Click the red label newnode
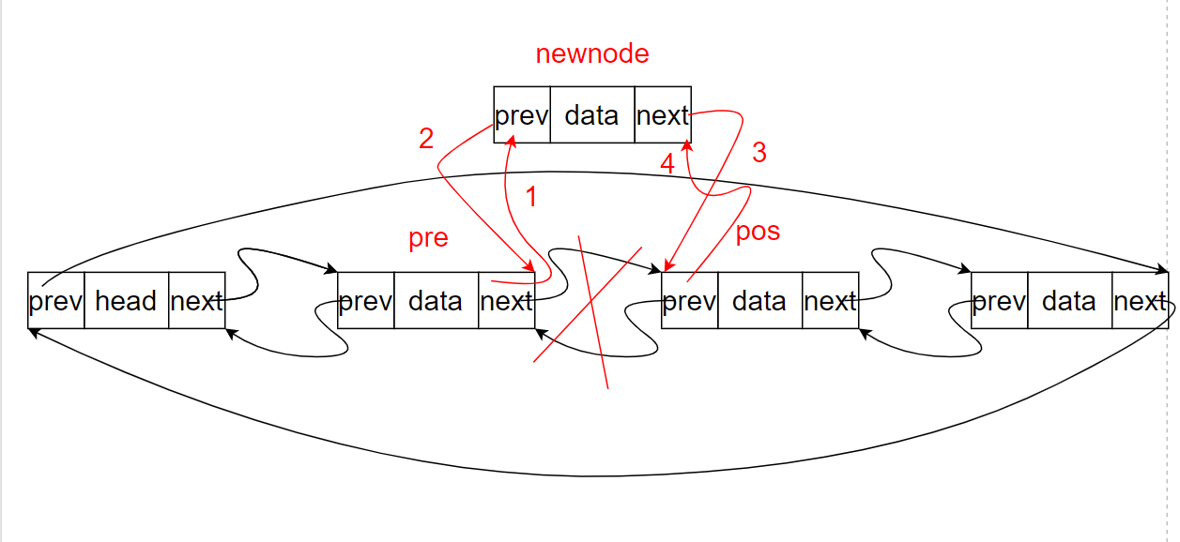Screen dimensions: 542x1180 tap(591, 54)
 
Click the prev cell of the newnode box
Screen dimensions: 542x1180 tap(522, 115)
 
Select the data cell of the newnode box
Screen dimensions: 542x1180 tap(591, 115)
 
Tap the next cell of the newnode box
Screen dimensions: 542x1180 tap(663, 115)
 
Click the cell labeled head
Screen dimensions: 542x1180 tap(126, 301)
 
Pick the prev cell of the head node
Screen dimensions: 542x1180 tap(56, 301)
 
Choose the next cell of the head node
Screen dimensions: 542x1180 tap(196, 301)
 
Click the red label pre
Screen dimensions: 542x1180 tap(428, 238)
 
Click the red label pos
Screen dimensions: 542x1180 tap(758, 232)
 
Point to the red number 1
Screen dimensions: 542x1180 tap(530, 197)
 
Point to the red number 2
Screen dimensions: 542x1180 tap(426, 139)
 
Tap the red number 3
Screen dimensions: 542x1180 tap(759, 153)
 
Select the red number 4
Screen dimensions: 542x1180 tap(667, 164)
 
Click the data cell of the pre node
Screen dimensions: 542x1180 tap(436, 301)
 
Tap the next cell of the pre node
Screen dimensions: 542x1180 tap(506, 301)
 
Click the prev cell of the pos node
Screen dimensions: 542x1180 tap(689, 301)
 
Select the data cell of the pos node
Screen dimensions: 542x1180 tap(759, 301)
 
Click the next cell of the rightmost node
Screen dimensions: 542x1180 tap(1140, 301)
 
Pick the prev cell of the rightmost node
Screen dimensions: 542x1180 tap(999, 301)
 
